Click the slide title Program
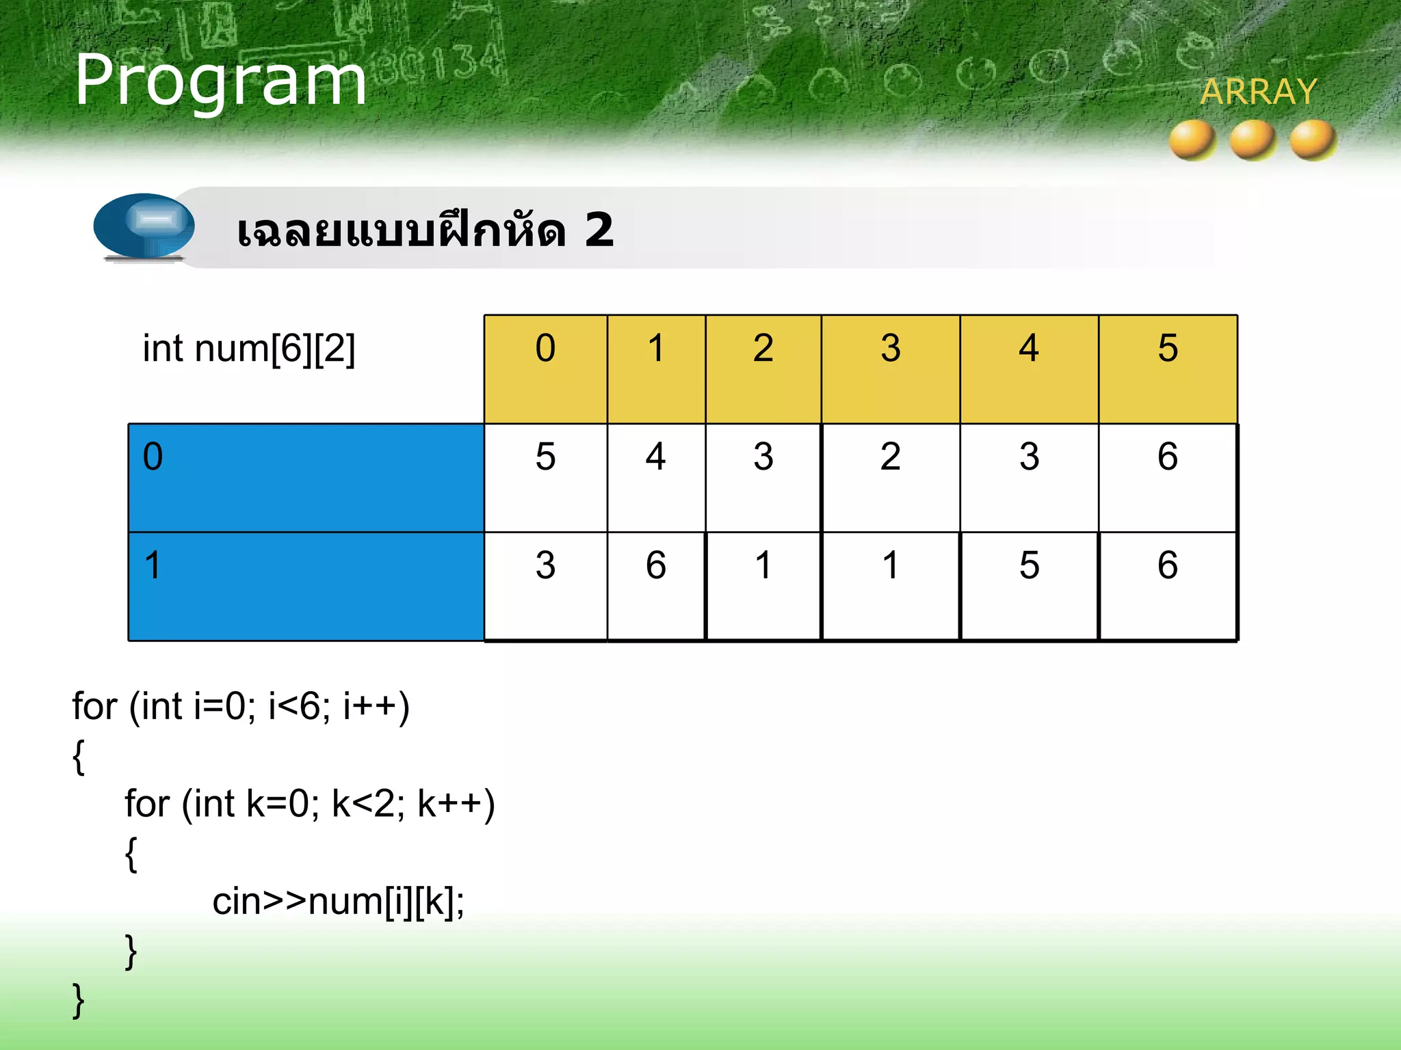point(220,81)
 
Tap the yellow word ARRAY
point(1258,92)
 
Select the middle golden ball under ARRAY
point(1253,140)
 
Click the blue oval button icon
point(144,226)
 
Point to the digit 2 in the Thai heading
point(599,230)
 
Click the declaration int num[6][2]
point(249,349)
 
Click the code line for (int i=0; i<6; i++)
point(241,706)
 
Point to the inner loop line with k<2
point(309,804)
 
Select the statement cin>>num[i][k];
point(338,902)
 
